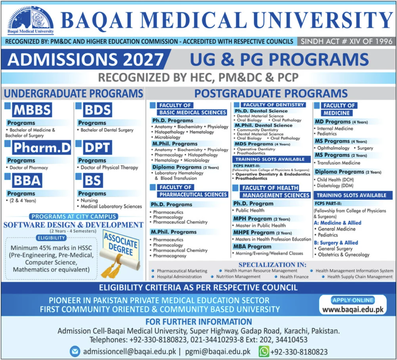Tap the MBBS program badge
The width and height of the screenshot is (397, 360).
pyautogui.click(x=32, y=109)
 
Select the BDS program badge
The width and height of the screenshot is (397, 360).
pyautogui.click(x=97, y=109)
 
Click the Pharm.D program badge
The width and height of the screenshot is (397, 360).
pyautogui.click(x=42, y=148)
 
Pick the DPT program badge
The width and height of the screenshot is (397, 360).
pyautogui.click(x=97, y=148)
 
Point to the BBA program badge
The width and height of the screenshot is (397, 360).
pyautogui.click(x=27, y=180)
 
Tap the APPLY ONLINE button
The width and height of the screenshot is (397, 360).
pyautogui.click(x=353, y=300)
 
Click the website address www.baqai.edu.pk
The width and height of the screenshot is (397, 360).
pyautogui.click(x=353, y=309)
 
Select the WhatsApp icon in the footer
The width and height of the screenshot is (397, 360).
pyautogui.click(x=264, y=352)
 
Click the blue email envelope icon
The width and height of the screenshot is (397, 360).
pyautogui.click(x=75, y=352)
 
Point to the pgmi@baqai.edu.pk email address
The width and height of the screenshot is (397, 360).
pyautogui.click(x=218, y=352)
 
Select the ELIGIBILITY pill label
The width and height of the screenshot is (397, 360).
pyautogui.click(x=51, y=238)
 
